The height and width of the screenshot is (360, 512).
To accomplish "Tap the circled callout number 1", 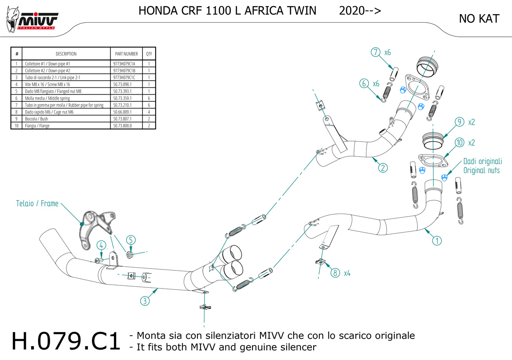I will pyautogui.click(x=437, y=241).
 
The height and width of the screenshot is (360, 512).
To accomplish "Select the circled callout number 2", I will pyautogui.click(x=382, y=168).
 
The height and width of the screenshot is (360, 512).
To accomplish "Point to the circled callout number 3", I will pyautogui.click(x=145, y=301).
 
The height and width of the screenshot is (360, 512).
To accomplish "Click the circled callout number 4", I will pyautogui.click(x=102, y=245).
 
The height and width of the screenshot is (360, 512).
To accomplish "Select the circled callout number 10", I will pyautogui.click(x=459, y=143).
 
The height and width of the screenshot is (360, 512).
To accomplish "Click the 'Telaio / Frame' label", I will pyautogui.click(x=37, y=204).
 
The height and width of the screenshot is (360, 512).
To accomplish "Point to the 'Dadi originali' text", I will pyautogui.click(x=482, y=162).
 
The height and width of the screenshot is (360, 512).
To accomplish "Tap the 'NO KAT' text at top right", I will pyautogui.click(x=479, y=19).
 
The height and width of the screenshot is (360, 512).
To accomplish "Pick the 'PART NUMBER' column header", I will pyautogui.click(x=126, y=54).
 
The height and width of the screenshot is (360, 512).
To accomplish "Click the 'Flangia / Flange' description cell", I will pyautogui.click(x=38, y=126).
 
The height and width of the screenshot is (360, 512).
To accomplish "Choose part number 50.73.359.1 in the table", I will pyautogui.click(x=122, y=98).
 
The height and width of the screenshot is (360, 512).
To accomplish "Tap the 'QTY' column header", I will pyautogui.click(x=149, y=54).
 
